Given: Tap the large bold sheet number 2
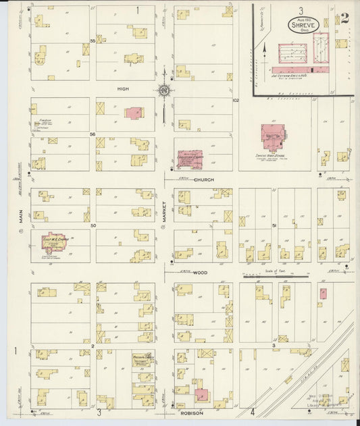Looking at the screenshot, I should [344, 18].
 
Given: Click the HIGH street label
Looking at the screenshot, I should [122, 89].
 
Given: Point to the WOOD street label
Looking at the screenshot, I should [201, 272].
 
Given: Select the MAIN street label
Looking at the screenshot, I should [21, 215].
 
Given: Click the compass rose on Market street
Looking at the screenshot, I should [163, 90].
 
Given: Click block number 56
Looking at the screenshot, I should [92, 134].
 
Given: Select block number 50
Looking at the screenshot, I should [93, 225].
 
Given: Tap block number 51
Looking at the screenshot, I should [274, 225].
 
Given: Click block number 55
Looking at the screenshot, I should [92, 42].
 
